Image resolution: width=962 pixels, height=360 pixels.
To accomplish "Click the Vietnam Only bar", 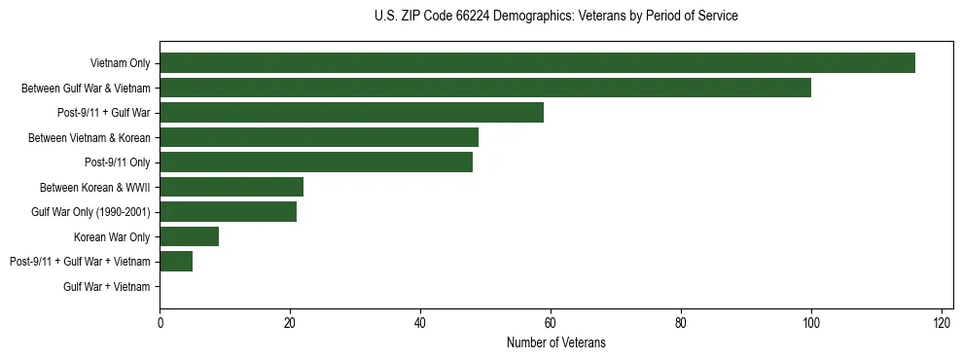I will [537, 63].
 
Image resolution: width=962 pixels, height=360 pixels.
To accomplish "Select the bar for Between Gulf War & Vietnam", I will [485, 88].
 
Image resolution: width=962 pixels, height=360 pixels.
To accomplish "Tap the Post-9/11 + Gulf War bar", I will [351, 113].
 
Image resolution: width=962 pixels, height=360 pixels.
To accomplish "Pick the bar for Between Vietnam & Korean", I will [319, 137].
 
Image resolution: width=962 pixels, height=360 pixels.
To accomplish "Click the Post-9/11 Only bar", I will [316, 162].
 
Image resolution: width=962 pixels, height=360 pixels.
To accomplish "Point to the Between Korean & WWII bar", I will [232, 187].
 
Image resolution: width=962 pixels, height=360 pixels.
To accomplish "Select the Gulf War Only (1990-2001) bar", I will [228, 212].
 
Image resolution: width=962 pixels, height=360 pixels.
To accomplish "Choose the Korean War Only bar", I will [189, 236].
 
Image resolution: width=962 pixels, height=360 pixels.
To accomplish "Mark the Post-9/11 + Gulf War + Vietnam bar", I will [176, 262].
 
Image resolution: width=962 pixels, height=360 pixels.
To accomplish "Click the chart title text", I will [555, 17].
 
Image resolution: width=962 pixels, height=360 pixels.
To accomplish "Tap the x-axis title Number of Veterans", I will [555, 342].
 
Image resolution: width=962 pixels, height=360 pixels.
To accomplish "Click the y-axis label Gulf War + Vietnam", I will [107, 286].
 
